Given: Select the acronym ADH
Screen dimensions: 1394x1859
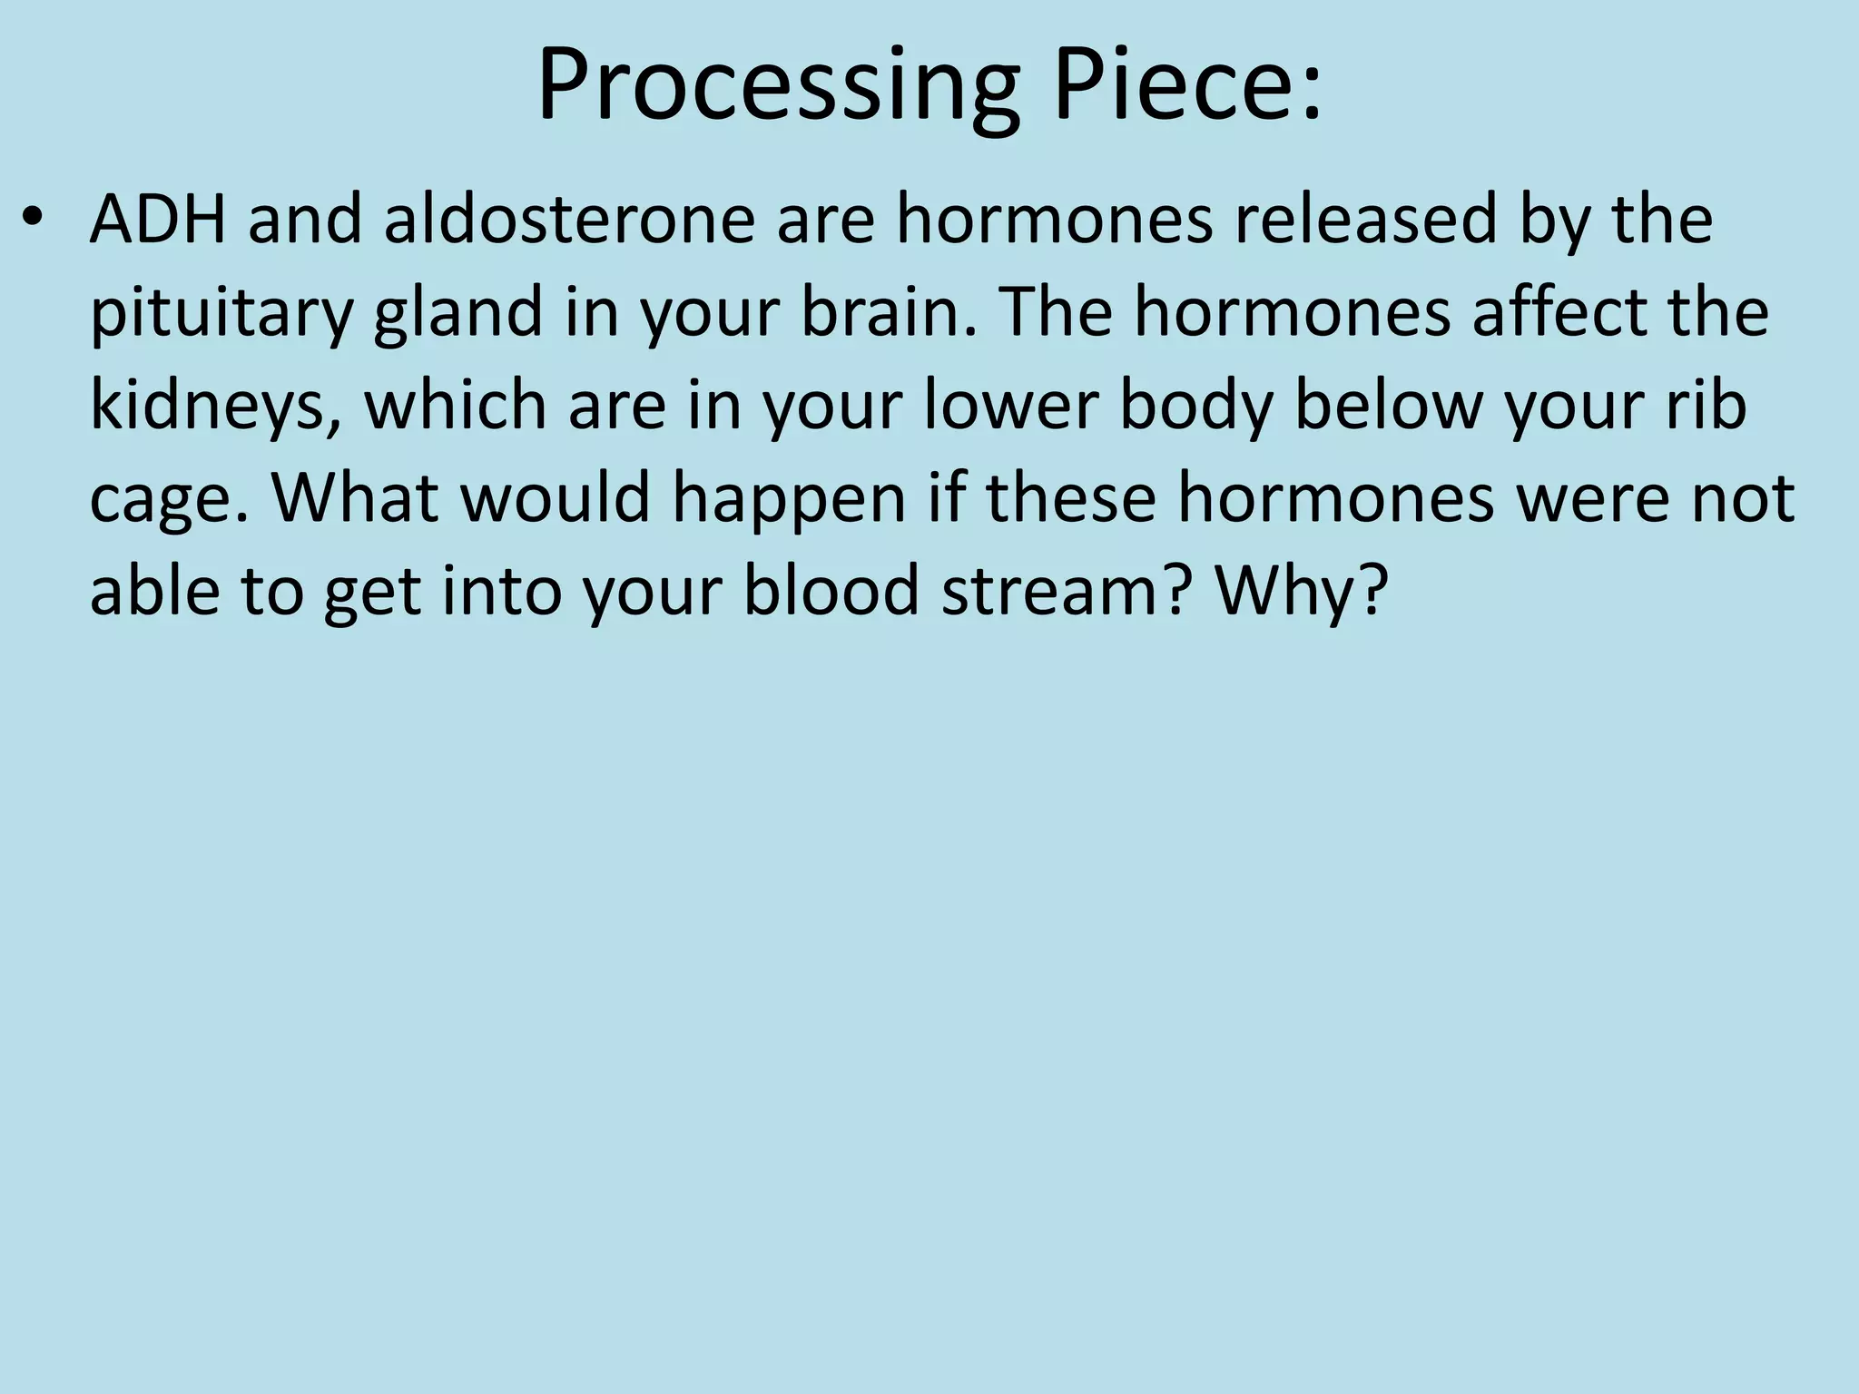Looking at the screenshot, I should [158, 221].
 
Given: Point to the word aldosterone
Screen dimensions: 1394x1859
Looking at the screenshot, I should [570, 221].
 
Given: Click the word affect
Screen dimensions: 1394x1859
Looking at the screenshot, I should [1549, 313].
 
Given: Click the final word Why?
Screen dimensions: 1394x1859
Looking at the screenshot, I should [1301, 593].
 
